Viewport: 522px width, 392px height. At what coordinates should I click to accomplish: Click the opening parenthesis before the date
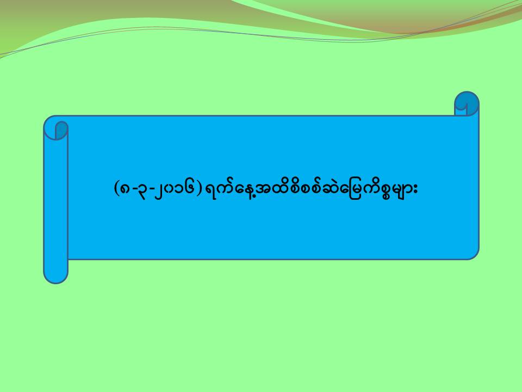click(x=116, y=189)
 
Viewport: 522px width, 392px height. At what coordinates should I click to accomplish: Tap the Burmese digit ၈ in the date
click(x=125, y=189)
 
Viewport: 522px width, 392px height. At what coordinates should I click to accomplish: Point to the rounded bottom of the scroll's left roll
click(x=56, y=276)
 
